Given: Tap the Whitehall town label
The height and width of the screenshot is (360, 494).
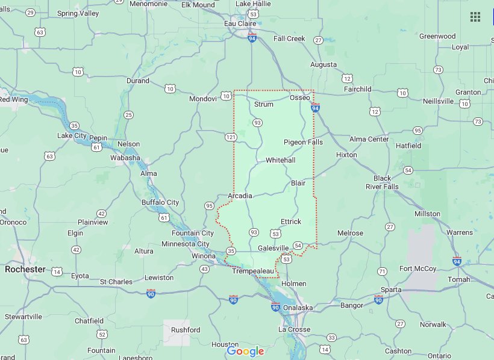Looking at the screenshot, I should click(281, 161).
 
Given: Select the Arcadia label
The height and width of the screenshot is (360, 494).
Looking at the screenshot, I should click(240, 196).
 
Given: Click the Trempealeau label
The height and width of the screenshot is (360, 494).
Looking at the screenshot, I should click(253, 272).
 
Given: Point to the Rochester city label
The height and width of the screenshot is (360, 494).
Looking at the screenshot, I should click(25, 269).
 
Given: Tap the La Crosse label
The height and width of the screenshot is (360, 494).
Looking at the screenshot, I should click(294, 329).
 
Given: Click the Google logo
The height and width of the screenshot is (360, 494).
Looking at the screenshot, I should click(245, 351).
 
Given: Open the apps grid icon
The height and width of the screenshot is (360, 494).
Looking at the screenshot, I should click(475, 17).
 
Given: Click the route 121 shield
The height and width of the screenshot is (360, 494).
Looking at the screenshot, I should click(231, 137).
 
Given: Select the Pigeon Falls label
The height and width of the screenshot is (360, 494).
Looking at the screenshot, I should click(303, 142).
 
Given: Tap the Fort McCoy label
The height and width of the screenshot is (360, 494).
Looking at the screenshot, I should click(417, 268).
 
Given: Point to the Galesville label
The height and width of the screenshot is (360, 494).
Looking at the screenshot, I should click(274, 248).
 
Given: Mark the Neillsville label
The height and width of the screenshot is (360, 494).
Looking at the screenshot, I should click(438, 101).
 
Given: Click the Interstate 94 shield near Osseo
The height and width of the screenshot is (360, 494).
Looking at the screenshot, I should click(315, 108).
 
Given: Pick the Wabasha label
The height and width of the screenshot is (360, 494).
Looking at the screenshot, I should click(125, 158).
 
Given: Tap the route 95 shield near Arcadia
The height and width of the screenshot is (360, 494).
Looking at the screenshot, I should click(209, 206).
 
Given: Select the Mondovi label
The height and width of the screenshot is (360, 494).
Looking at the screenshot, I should click(202, 99).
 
